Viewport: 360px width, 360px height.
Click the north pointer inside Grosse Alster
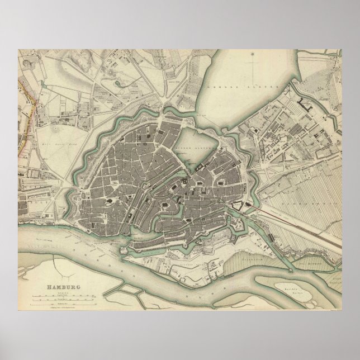click(x=253, y=55)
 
